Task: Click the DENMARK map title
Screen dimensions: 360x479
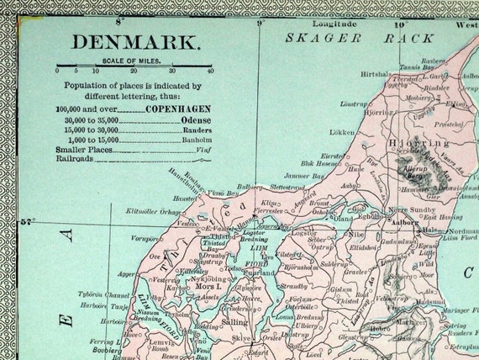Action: (135, 42)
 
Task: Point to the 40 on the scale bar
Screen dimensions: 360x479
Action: (209, 71)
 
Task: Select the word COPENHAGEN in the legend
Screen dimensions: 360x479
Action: (176, 109)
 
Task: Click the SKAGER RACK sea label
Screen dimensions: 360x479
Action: (348, 39)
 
